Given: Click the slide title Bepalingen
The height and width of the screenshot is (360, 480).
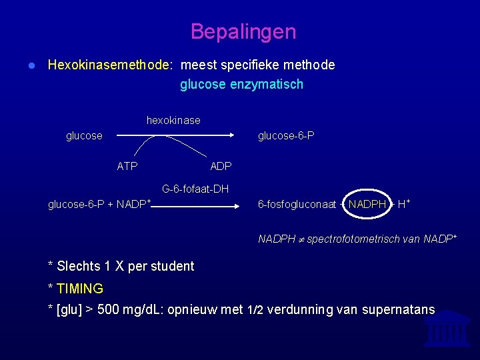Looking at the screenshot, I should point(243,31).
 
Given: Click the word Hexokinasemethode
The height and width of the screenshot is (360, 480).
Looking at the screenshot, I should point(109,65).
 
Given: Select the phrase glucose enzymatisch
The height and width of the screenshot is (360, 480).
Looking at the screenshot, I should point(241,85).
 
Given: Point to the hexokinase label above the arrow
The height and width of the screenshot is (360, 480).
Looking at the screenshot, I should point(173,121).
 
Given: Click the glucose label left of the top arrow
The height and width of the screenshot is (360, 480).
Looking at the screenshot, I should point(84,136).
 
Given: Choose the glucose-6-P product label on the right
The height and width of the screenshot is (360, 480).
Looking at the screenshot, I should point(286,136).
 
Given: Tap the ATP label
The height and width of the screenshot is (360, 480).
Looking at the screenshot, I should point(127,166).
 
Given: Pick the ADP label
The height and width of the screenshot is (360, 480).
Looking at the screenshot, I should point(221,166).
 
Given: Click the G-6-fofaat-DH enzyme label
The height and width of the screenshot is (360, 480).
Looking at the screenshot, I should point(195,189).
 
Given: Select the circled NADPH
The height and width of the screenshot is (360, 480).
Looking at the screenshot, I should point(367,205).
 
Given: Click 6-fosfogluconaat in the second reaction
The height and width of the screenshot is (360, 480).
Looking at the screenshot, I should point(297,205).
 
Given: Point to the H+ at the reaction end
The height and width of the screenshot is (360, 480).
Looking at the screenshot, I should point(403,204).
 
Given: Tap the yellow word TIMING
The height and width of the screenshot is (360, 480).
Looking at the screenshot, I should point(80,289).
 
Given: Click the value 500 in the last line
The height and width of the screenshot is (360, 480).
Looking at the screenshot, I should point(109,310).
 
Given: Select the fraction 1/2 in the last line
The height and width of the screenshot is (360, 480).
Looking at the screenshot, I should point(255,310).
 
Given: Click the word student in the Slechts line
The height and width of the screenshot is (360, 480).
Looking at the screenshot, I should point(171,267).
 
